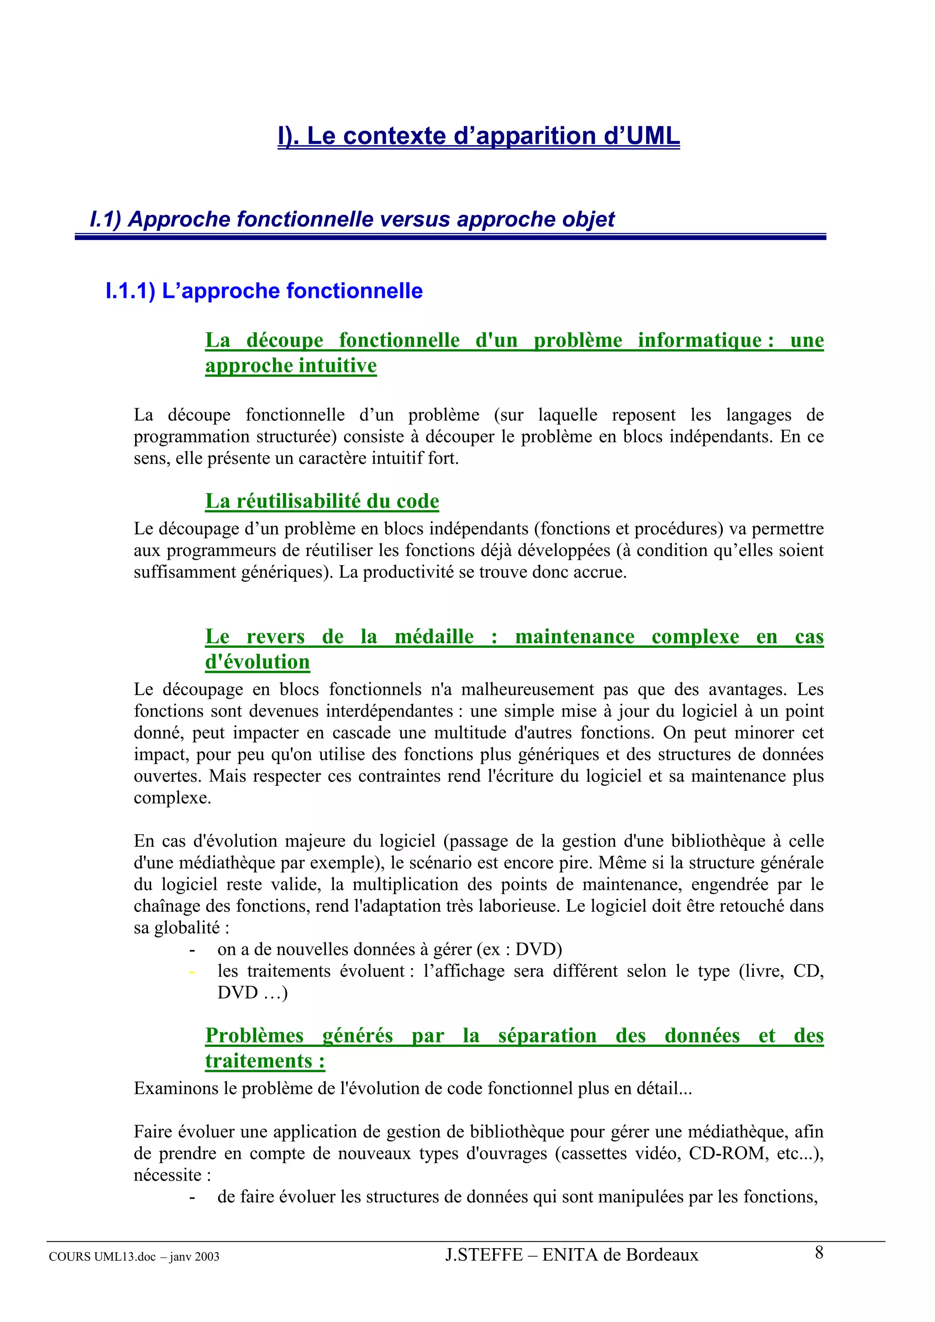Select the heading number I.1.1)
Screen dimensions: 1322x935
(x=130, y=291)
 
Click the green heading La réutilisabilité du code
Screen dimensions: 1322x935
(x=322, y=501)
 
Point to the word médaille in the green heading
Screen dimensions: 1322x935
(x=434, y=636)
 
